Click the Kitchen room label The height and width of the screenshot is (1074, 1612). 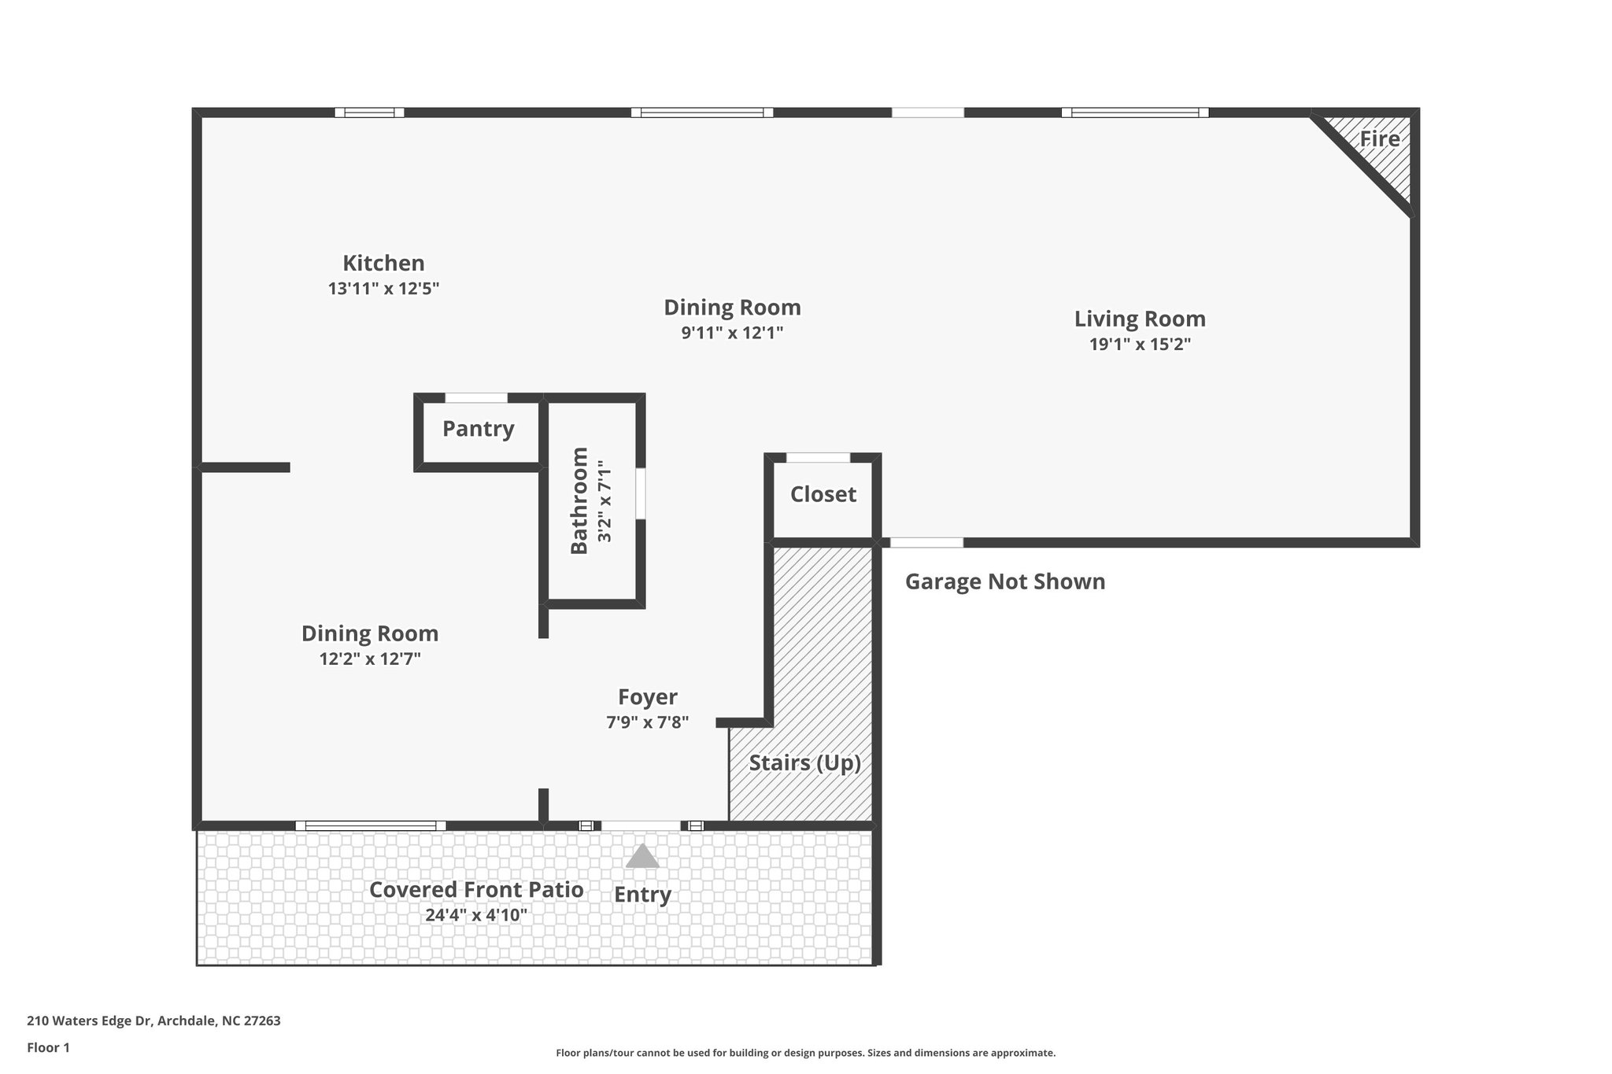pyautogui.click(x=383, y=263)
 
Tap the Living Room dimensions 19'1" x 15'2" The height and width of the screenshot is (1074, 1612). pyautogui.click(x=1139, y=345)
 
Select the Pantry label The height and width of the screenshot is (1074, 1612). pyautogui.click(x=478, y=429)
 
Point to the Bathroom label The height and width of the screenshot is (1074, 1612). pyautogui.click(x=579, y=500)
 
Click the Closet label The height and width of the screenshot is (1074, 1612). pyautogui.click(x=823, y=494)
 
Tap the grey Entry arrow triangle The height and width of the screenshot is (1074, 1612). pyautogui.click(x=642, y=856)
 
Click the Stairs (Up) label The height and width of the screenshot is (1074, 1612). pyautogui.click(x=804, y=763)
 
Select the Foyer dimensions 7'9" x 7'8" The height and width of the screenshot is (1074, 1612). pyautogui.click(x=647, y=722)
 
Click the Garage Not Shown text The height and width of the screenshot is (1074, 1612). pyautogui.click(x=1004, y=581)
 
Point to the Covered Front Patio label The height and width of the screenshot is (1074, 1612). pyautogui.click(x=476, y=890)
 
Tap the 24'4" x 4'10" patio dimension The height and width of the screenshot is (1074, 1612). pyautogui.click(x=476, y=915)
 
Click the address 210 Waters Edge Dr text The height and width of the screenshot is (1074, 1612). pyautogui.click(x=153, y=1020)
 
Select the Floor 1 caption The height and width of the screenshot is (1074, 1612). pyautogui.click(x=48, y=1047)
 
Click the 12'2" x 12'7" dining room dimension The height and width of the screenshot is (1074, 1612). pyautogui.click(x=370, y=659)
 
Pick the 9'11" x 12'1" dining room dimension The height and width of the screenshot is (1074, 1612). pyautogui.click(x=732, y=333)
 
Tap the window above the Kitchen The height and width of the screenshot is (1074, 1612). pyautogui.click(x=369, y=113)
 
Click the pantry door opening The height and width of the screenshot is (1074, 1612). pyautogui.click(x=476, y=397)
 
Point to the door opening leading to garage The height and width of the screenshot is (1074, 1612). pyautogui.click(x=926, y=542)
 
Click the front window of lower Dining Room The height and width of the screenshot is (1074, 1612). pyautogui.click(x=370, y=825)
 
